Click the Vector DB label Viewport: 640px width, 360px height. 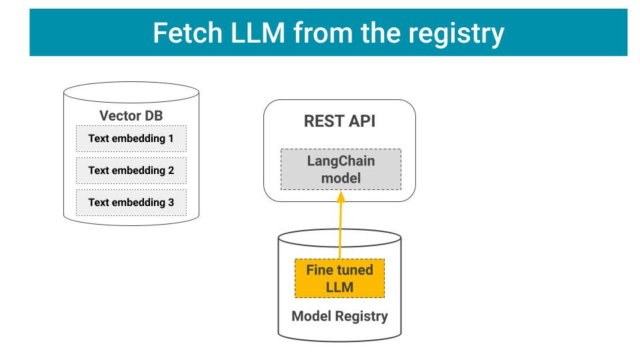[x=131, y=115]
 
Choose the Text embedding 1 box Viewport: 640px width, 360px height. [x=131, y=139]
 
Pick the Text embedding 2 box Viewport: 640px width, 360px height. [x=131, y=170]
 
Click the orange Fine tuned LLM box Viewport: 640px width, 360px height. [x=340, y=279]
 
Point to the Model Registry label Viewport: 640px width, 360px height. [x=340, y=316]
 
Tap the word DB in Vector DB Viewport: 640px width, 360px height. [x=153, y=115]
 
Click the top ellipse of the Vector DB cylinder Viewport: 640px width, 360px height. [x=131, y=92]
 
